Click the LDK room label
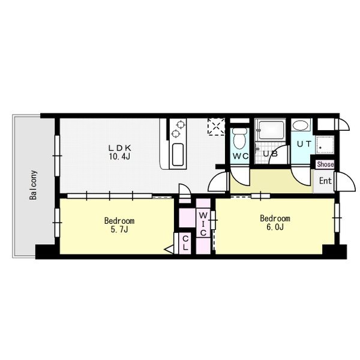[119, 148]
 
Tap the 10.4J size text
[119, 157]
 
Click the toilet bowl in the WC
[240, 140]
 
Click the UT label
[303, 144]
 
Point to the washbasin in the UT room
[302, 126]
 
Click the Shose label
[325, 164]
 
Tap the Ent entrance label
[325, 181]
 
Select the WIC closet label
[203, 224]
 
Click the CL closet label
[185, 244]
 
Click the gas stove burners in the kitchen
[178, 128]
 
